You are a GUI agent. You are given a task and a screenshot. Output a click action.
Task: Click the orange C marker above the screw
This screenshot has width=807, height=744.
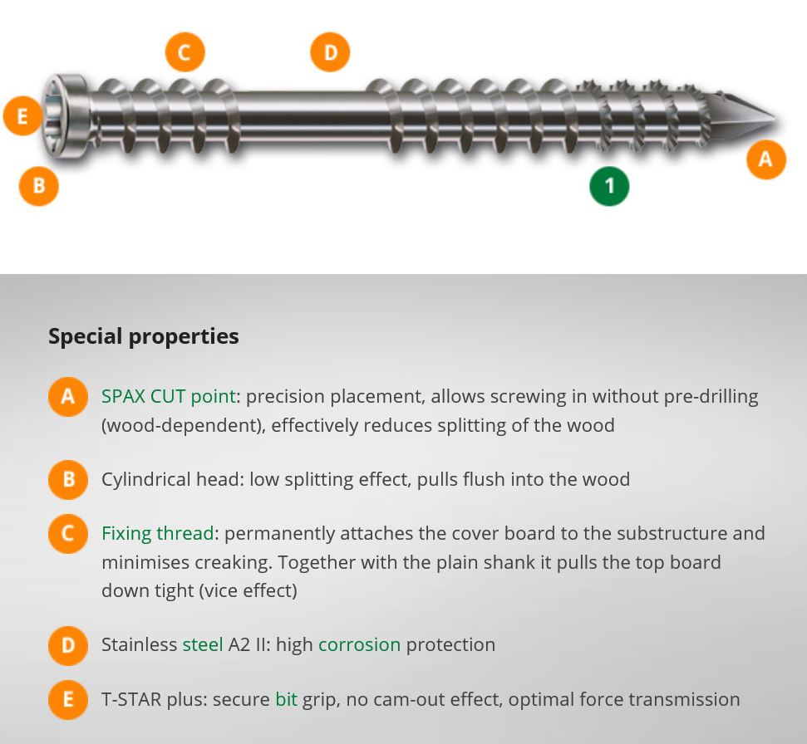185,52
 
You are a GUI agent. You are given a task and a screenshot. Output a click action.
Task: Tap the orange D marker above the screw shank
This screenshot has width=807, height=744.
330,52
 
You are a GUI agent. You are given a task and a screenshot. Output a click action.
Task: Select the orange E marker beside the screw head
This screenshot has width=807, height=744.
22,115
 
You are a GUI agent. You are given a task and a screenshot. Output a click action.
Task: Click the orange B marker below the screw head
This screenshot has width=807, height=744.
38,186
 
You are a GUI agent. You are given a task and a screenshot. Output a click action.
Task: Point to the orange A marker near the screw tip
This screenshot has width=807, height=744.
765,159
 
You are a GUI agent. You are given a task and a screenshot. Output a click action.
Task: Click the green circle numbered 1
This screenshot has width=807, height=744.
609,186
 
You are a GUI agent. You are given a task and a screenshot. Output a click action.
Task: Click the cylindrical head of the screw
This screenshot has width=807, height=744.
66,116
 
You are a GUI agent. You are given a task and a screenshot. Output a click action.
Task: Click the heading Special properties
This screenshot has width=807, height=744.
144,336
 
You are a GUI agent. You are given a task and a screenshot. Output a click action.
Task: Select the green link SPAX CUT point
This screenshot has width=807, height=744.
168,396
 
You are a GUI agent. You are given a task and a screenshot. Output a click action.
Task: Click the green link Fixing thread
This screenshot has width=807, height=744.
157,533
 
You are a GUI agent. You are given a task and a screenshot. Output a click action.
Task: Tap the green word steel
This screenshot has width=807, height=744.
203,644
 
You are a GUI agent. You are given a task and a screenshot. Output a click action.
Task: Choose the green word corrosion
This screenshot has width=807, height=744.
359,644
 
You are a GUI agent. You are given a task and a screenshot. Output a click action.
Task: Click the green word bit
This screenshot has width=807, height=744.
286,699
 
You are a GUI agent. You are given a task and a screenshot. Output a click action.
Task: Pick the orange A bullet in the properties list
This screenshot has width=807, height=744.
68,396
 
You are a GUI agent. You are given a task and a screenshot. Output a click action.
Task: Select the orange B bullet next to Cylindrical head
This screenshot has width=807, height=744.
68,479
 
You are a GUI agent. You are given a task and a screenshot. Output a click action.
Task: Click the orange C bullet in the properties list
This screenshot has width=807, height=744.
68,534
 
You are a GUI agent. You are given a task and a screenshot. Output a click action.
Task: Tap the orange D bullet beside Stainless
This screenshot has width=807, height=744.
68,645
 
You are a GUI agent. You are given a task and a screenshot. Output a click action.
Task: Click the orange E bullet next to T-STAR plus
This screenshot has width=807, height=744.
68,700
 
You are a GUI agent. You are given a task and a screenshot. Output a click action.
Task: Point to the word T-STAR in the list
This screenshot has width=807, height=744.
131,699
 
